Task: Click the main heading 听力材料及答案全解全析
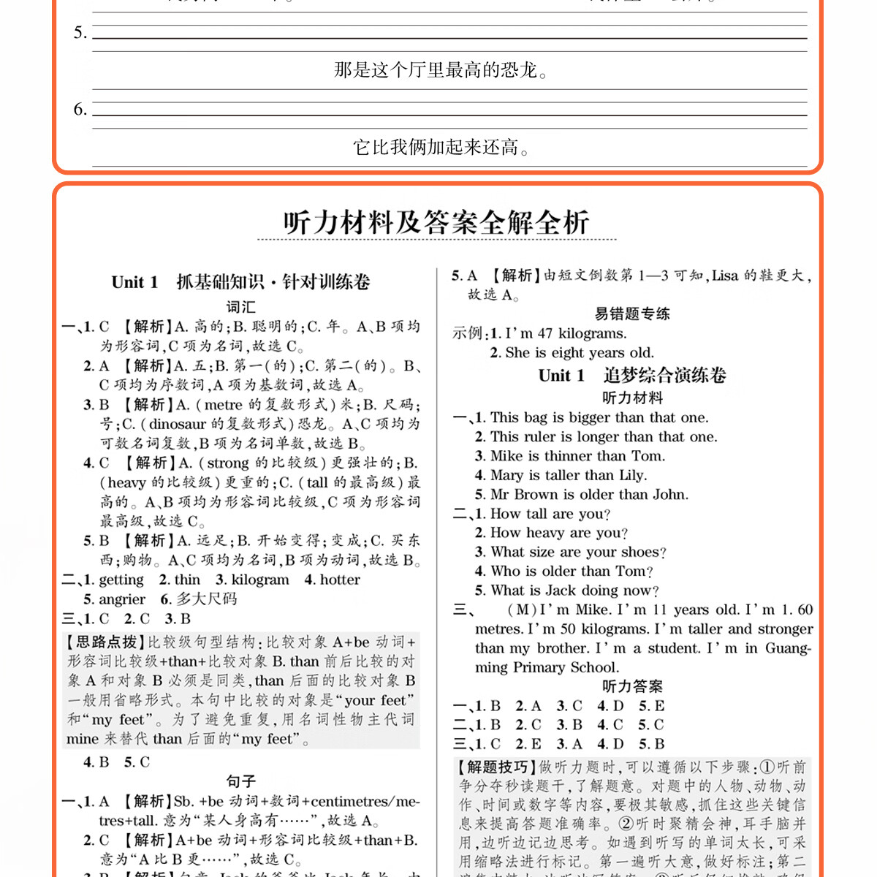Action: [436, 222]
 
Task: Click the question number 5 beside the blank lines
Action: [80, 33]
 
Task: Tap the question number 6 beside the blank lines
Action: [80, 110]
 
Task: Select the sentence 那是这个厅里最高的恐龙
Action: [441, 70]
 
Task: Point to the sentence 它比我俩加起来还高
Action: [441, 148]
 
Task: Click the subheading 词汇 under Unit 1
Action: [240, 307]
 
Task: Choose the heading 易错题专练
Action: [632, 314]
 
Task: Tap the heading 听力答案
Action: [632, 686]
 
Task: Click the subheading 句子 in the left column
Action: [240, 781]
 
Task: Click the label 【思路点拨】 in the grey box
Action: [106, 642]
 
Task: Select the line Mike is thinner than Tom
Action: [577, 456]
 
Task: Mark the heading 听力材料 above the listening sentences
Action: [632, 398]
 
